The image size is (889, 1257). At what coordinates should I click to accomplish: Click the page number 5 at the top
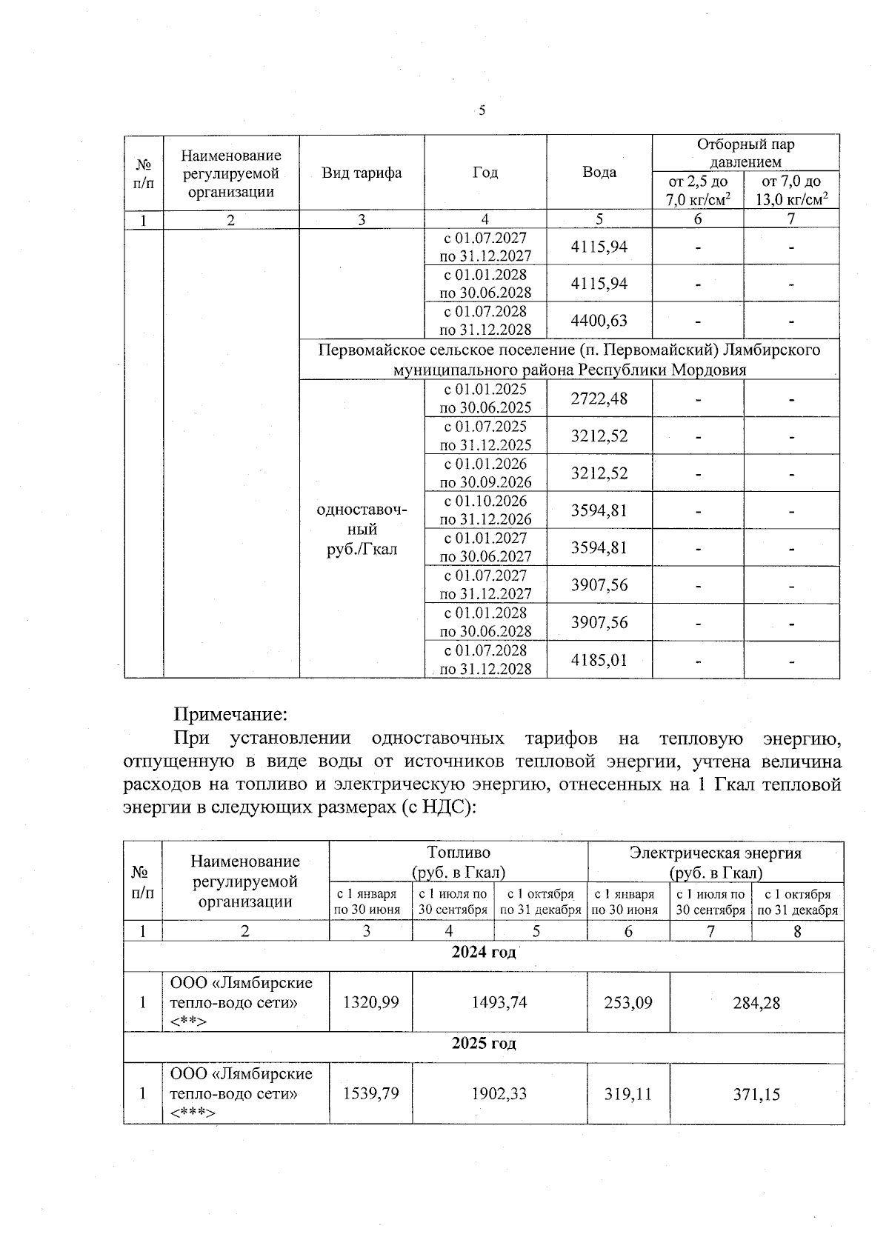pos(482,111)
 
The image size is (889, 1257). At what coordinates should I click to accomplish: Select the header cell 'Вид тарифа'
pos(362,173)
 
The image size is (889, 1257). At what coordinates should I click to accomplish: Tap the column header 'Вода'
pos(599,173)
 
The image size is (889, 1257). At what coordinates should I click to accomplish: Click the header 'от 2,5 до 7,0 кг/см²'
pos(698,190)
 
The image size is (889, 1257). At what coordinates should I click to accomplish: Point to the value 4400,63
pos(599,321)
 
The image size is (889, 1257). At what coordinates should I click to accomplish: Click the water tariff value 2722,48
pos(599,399)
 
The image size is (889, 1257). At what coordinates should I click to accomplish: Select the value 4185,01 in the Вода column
pos(599,660)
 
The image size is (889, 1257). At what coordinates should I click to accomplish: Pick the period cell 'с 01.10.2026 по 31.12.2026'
pos(486,510)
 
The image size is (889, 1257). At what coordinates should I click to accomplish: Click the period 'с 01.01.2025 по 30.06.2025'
pos(486,399)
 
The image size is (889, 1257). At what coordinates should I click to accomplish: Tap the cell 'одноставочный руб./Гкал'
pos(362,530)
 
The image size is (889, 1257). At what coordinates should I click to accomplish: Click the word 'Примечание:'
pos(230,715)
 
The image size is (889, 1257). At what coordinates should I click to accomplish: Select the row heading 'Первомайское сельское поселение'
pos(569,359)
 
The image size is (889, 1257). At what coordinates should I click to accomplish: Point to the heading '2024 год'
pos(484,952)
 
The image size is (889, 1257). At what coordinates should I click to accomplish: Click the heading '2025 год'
pos(484,1043)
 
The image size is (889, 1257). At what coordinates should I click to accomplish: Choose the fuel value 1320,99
pos(370,1002)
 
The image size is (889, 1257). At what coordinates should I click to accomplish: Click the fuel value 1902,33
pos(499,1094)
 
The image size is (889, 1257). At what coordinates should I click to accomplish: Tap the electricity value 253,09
pos(628,1002)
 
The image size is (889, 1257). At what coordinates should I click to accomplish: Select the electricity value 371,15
pos(756,1094)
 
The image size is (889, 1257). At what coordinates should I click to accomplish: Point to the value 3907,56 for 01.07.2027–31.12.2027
pos(599,585)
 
